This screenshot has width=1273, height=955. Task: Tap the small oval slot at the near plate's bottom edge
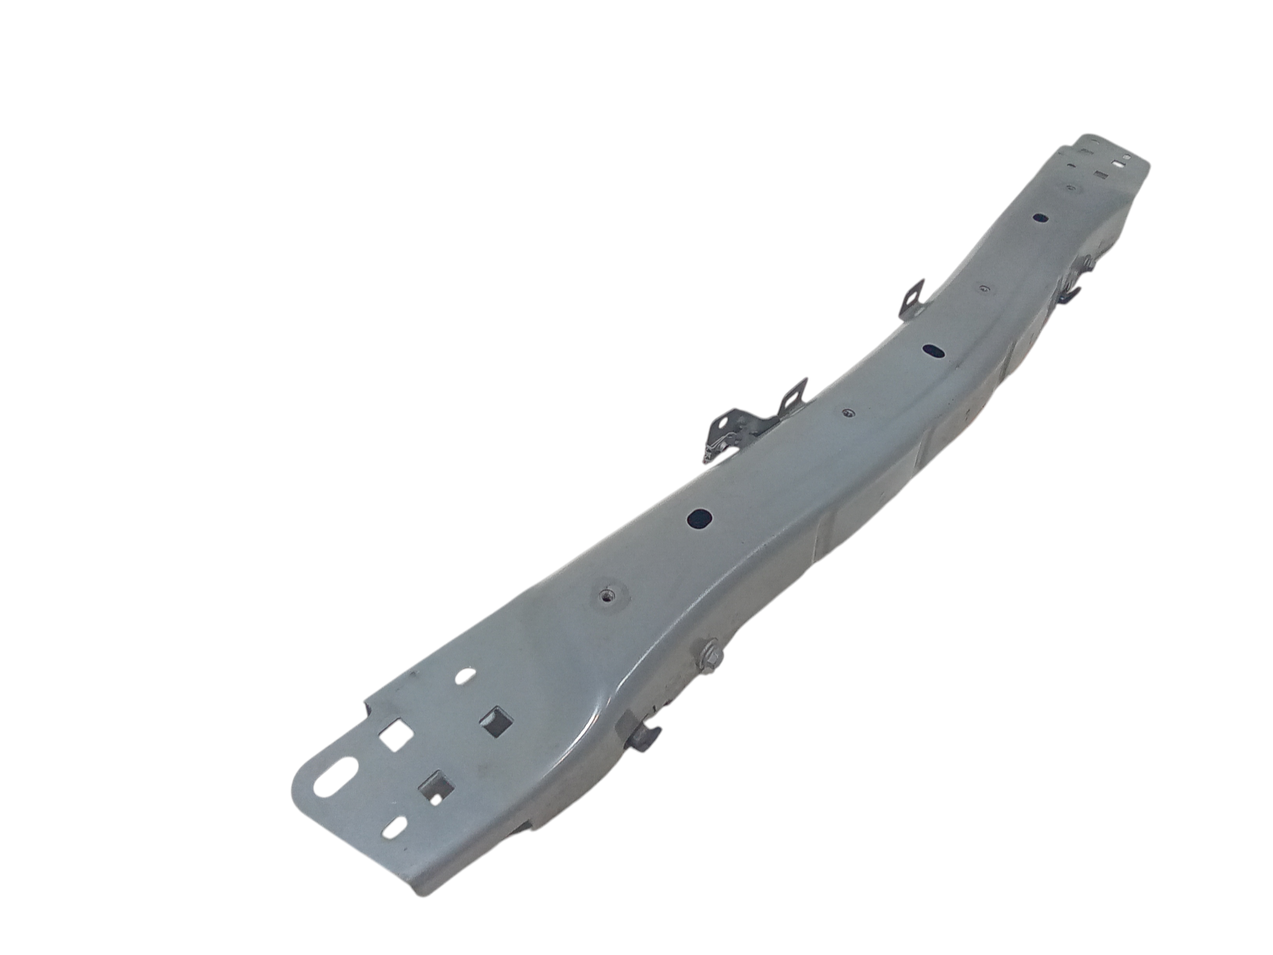(396, 827)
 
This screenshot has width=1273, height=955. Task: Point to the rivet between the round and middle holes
(846, 413)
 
